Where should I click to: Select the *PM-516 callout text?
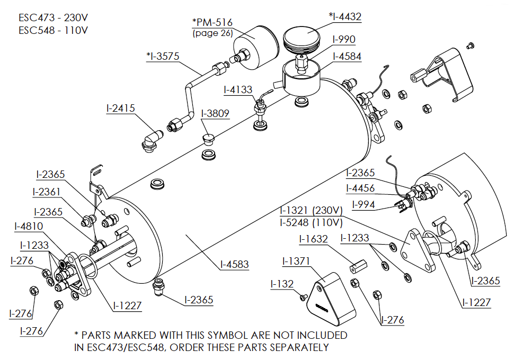click(x=212, y=23)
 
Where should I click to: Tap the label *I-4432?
click(x=345, y=16)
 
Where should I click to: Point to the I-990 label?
click(x=344, y=39)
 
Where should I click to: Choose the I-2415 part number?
click(x=121, y=108)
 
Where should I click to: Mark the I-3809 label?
click(x=216, y=113)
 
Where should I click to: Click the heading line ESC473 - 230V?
click(x=53, y=16)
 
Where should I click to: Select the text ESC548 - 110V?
click(x=53, y=30)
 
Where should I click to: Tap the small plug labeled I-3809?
click(x=208, y=140)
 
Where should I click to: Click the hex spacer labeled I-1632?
click(x=356, y=266)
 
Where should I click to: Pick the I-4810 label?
click(x=29, y=227)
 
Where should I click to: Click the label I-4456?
click(x=360, y=188)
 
